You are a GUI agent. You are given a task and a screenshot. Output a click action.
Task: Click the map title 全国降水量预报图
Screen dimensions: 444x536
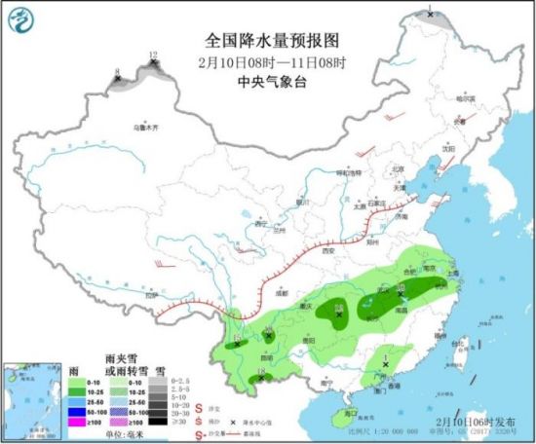pyautogui.click(x=271, y=41)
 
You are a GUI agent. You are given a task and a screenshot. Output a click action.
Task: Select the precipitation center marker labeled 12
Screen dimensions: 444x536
pyautogui.click(x=153, y=63)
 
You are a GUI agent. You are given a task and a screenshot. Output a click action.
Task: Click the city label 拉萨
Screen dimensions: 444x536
pyautogui.click(x=150, y=294)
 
